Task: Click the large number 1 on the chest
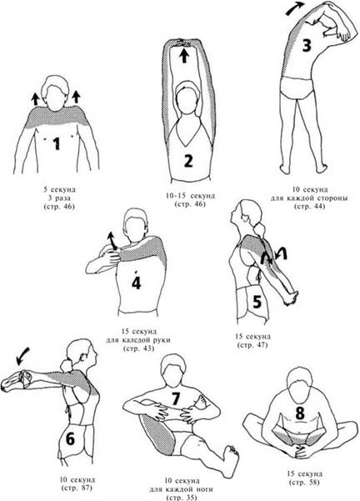(x=57, y=143)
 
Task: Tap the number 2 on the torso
(x=188, y=160)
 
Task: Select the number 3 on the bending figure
(x=307, y=45)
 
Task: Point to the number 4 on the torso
(x=137, y=283)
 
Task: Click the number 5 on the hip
(x=257, y=302)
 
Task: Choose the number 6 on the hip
(x=70, y=438)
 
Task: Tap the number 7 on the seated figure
(x=175, y=398)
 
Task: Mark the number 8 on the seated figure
(x=300, y=413)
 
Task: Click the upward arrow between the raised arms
(x=183, y=56)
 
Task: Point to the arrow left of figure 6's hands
(x=22, y=356)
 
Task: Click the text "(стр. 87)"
(x=77, y=488)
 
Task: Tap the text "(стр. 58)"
(x=303, y=482)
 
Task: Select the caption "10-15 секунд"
(x=190, y=196)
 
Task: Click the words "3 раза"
(x=59, y=198)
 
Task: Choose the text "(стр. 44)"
(x=309, y=206)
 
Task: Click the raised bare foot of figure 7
(x=231, y=459)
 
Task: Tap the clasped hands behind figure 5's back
(x=291, y=298)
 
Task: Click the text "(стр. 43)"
(x=138, y=348)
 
